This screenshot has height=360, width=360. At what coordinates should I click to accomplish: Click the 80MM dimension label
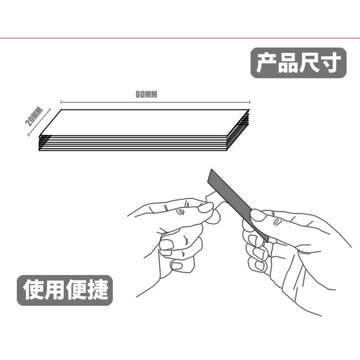click(x=146, y=95)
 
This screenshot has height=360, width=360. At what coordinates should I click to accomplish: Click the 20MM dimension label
click(x=34, y=117)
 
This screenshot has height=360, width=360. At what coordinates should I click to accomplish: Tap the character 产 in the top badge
click(x=266, y=63)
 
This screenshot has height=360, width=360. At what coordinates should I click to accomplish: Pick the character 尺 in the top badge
click(x=309, y=63)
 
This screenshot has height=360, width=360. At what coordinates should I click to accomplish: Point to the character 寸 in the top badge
click(x=330, y=63)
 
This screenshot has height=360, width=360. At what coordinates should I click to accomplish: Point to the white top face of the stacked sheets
click(x=144, y=122)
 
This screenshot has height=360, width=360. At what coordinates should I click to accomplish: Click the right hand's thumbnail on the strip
click(x=258, y=215)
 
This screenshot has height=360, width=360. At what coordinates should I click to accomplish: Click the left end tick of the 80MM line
click(x=61, y=102)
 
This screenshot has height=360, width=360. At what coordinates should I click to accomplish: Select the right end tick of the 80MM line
click(x=250, y=102)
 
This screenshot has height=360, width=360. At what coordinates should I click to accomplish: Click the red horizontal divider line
click(x=180, y=38)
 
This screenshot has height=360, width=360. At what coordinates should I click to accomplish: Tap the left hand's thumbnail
click(x=205, y=207)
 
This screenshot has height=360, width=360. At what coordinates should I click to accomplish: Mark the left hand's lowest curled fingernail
click(x=177, y=266)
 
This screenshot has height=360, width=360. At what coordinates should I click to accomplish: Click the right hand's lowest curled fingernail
click(x=259, y=266)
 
